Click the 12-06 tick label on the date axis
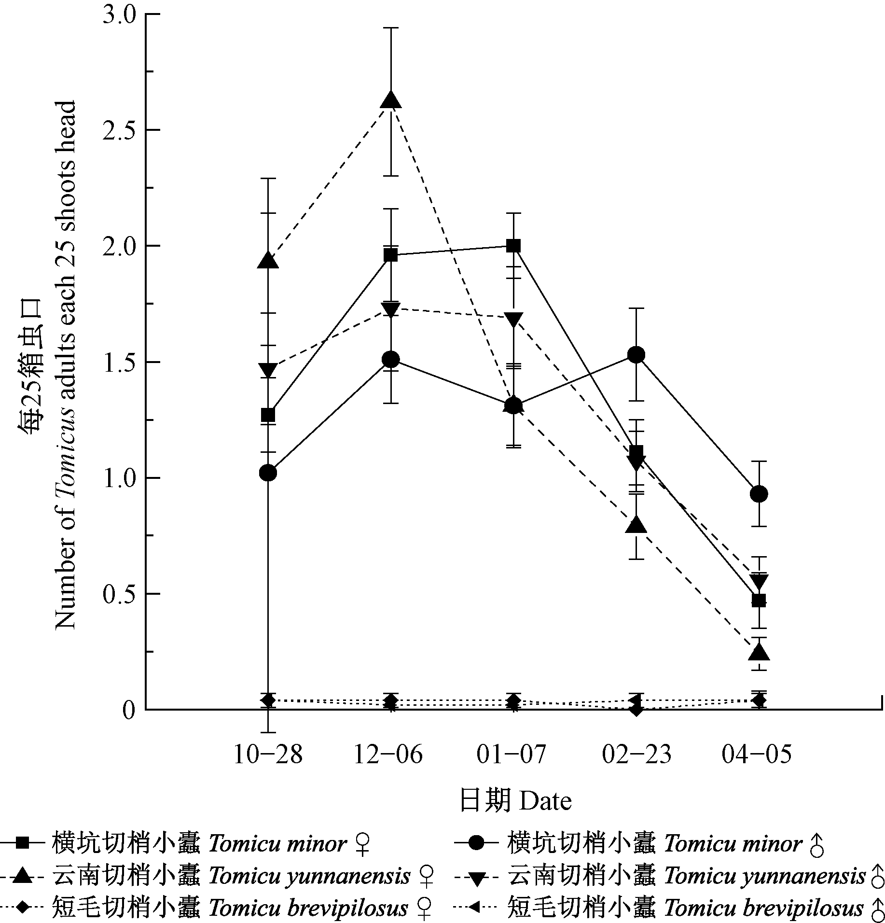(x=388, y=755)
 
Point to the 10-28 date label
(x=267, y=755)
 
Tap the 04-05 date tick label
(x=757, y=755)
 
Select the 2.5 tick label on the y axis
(x=118, y=130)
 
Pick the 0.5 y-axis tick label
(x=118, y=594)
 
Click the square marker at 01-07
(x=513, y=246)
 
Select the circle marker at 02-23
(x=636, y=355)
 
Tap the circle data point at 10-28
(x=268, y=473)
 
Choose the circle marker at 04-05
(x=759, y=494)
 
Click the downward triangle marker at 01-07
(x=513, y=320)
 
